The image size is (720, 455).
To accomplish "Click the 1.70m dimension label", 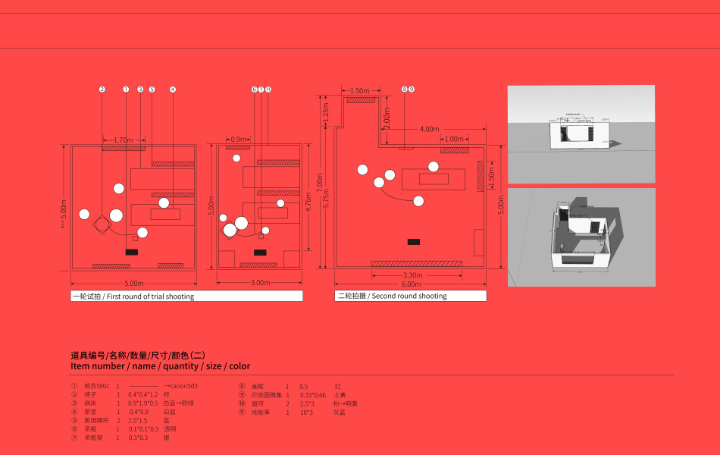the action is [123, 140].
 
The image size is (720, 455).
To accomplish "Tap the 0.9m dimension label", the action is [239, 140].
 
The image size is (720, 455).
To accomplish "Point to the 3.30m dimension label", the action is [412, 275].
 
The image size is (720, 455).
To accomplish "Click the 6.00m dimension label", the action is [412, 284].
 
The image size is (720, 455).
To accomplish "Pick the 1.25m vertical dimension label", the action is [326, 112].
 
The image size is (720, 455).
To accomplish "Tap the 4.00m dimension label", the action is [429, 129].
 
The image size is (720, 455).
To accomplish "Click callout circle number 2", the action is [102, 89].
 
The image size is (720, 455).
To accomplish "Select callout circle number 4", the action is [173, 89].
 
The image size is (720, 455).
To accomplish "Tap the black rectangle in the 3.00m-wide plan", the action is [260, 252].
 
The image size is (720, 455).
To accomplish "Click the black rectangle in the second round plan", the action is [413, 242].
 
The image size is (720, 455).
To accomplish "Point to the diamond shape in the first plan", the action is [101, 224].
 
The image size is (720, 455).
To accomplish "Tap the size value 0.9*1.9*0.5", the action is [143, 403].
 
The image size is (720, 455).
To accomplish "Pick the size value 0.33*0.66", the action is [313, 395].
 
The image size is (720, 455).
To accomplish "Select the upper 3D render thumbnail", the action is [581, 133].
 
